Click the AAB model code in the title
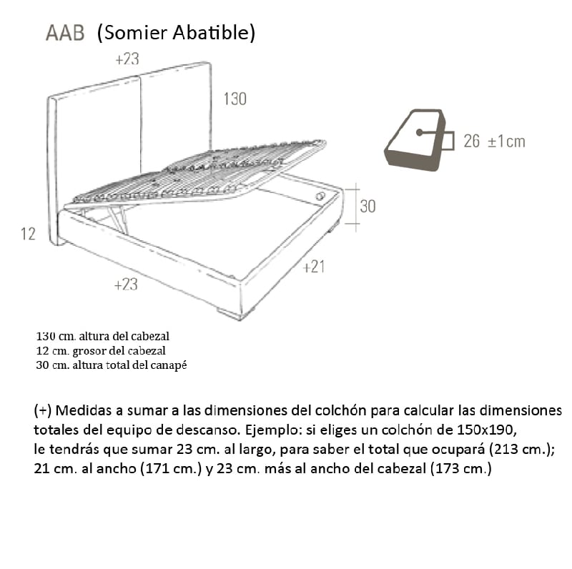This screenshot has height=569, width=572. tap(65, 34)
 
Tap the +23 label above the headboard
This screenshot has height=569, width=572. tap(127, 60)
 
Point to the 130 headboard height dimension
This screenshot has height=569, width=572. tap(235, 99)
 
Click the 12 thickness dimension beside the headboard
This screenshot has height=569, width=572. tap(28, 234)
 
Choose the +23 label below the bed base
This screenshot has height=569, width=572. tap(126, 284)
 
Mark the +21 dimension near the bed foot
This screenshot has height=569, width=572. tap(314, 267)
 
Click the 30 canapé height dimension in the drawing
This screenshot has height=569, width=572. tap(368, 206)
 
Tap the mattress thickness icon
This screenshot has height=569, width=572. tap(415, 139)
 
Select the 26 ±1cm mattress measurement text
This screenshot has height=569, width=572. tap(494, 141)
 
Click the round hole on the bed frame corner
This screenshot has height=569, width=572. tap(320, 196)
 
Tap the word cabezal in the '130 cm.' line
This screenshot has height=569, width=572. tap(152, 335)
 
